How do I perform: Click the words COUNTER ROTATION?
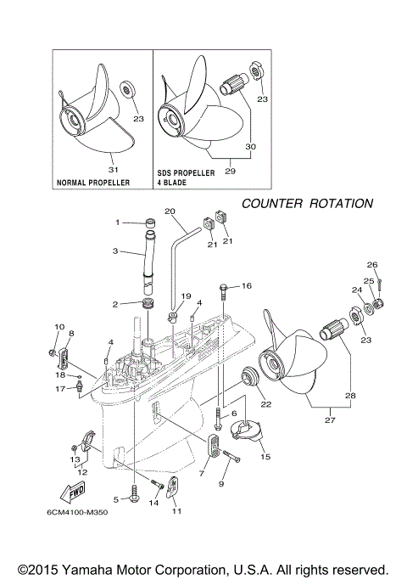(x=307, y=204)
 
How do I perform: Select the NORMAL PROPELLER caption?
(x=93, y=183)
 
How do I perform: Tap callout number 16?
(x=247, y=286)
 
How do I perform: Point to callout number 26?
(x=371, y=264)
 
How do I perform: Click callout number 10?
(x=59, y=327)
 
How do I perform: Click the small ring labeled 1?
(x=150, y=223)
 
